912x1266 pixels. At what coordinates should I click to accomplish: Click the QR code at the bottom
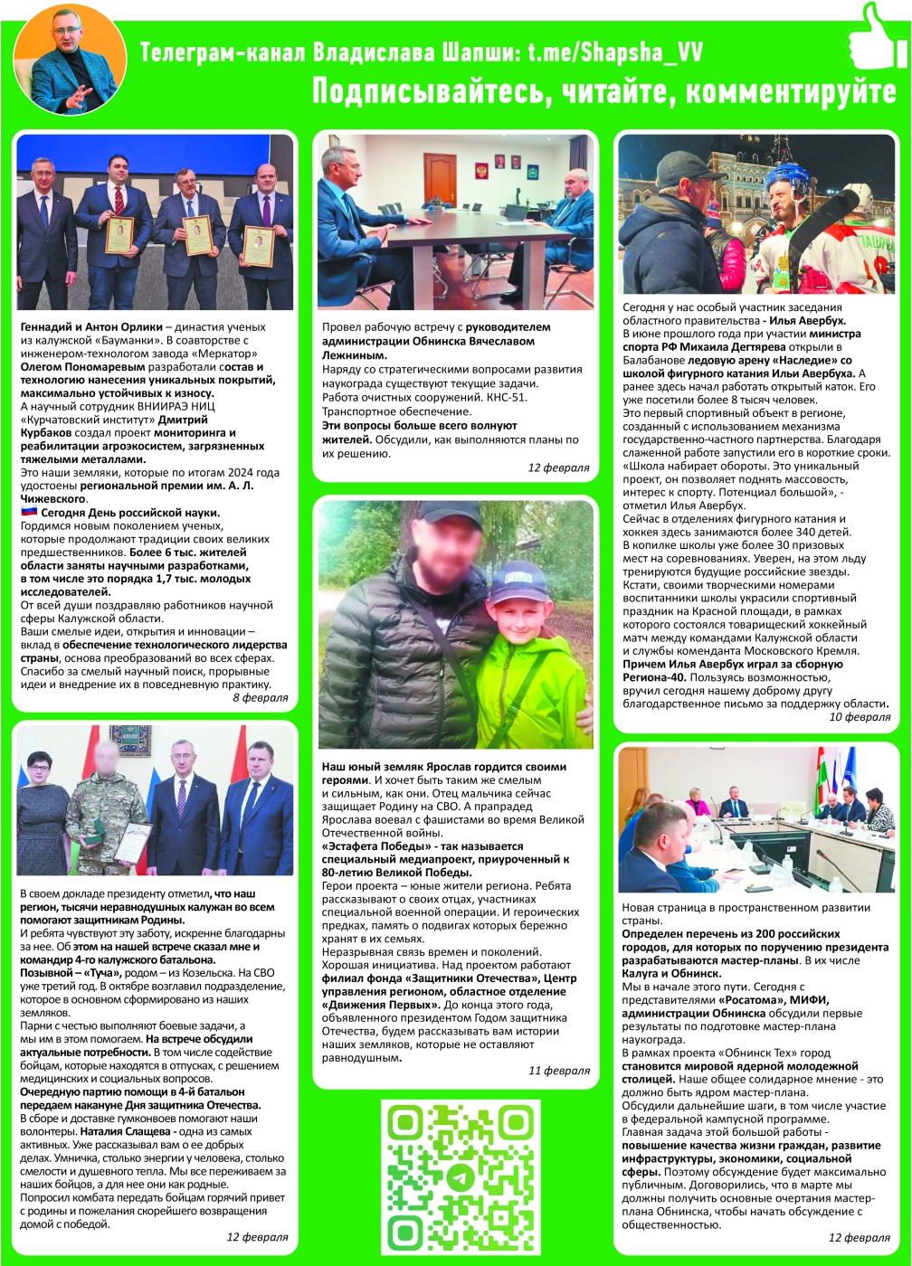[x=461, y=1176]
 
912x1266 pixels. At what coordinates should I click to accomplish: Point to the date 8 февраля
[x=261, y=697]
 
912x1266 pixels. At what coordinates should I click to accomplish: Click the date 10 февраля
[x=860, y=716]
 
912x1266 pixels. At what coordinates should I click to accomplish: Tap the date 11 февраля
[x=559, y=1071]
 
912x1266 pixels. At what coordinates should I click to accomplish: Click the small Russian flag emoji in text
[x=28, y=512]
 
